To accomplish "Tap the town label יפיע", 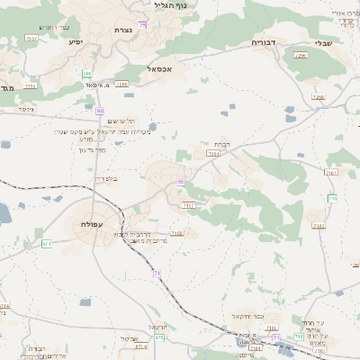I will [x=76, y=41].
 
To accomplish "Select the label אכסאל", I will [x=161, y=67].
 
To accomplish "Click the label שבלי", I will [x=319, y=42].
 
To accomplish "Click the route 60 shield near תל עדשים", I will [x=100, y=110].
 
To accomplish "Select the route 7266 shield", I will [x=300, y=56].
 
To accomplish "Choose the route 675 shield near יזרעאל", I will [x=159, y=337].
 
